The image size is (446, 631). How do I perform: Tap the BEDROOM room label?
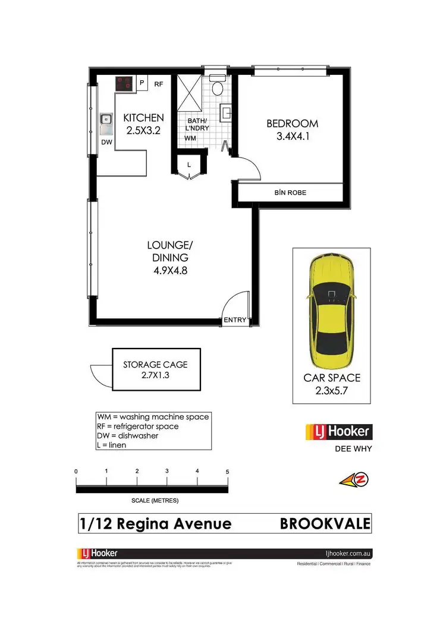tap(292, 124)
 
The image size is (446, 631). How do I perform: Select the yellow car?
tap(331, 306)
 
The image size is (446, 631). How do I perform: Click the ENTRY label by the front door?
tap(235, 320)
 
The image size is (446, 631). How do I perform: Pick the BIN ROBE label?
tap(290, 193)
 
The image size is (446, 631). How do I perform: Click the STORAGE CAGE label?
tap(155, 365)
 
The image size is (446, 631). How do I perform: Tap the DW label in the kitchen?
tap(106, 142)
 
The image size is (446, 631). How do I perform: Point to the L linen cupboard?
tap(189, 165)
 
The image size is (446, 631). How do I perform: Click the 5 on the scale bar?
tap(228, 472)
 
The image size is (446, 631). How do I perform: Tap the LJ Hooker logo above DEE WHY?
tap(337, 431)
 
